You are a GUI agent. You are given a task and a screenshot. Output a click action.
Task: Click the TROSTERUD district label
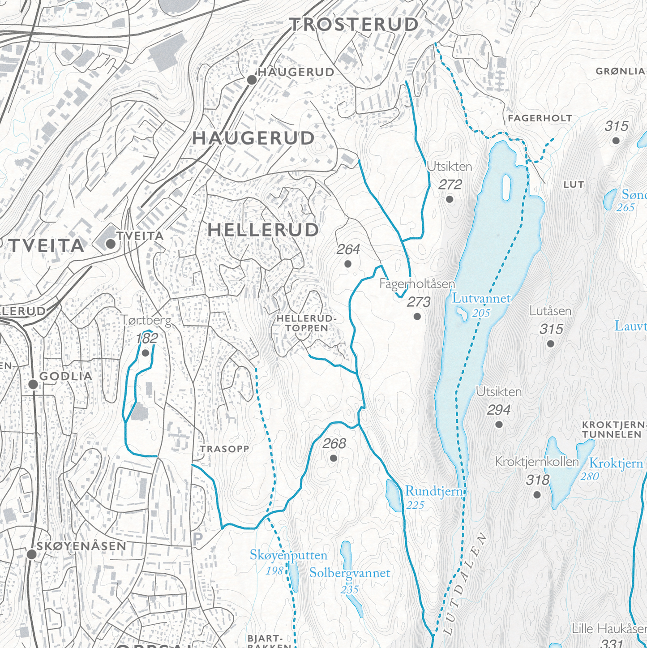point(354,25)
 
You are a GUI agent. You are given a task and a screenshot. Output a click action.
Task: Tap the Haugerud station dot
point(252,80)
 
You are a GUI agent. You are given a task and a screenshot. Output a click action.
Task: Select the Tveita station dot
point(110,244)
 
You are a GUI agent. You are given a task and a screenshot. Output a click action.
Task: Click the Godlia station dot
point(33,384)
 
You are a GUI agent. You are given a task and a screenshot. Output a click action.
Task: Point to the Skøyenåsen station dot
point(31,554)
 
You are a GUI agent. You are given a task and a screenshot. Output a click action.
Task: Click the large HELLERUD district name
point(263,230)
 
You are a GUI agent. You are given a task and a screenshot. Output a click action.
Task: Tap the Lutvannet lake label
point(481,298)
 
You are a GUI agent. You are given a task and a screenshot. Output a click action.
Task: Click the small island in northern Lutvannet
point(506,187)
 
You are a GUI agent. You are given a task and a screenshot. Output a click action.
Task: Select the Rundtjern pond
point(394,495)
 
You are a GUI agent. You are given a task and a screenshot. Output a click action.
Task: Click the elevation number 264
point(348,249)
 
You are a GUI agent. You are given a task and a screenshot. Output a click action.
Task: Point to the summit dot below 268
point(333,458)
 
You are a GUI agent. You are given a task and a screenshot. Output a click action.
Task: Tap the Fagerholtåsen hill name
point(417,284)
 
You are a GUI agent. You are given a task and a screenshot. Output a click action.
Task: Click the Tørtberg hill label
point(146,320)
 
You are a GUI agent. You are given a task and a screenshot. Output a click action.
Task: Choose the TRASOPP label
point(224,449)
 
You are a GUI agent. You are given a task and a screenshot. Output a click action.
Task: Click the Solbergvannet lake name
point(349,573)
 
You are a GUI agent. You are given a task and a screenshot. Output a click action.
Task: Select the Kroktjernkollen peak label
point(536,462)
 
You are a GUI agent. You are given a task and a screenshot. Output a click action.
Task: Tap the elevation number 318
point(537,480)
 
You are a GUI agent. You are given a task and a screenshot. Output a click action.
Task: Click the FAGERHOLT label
point(540,118)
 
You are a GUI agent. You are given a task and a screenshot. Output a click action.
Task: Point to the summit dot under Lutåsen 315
point(550,344)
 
